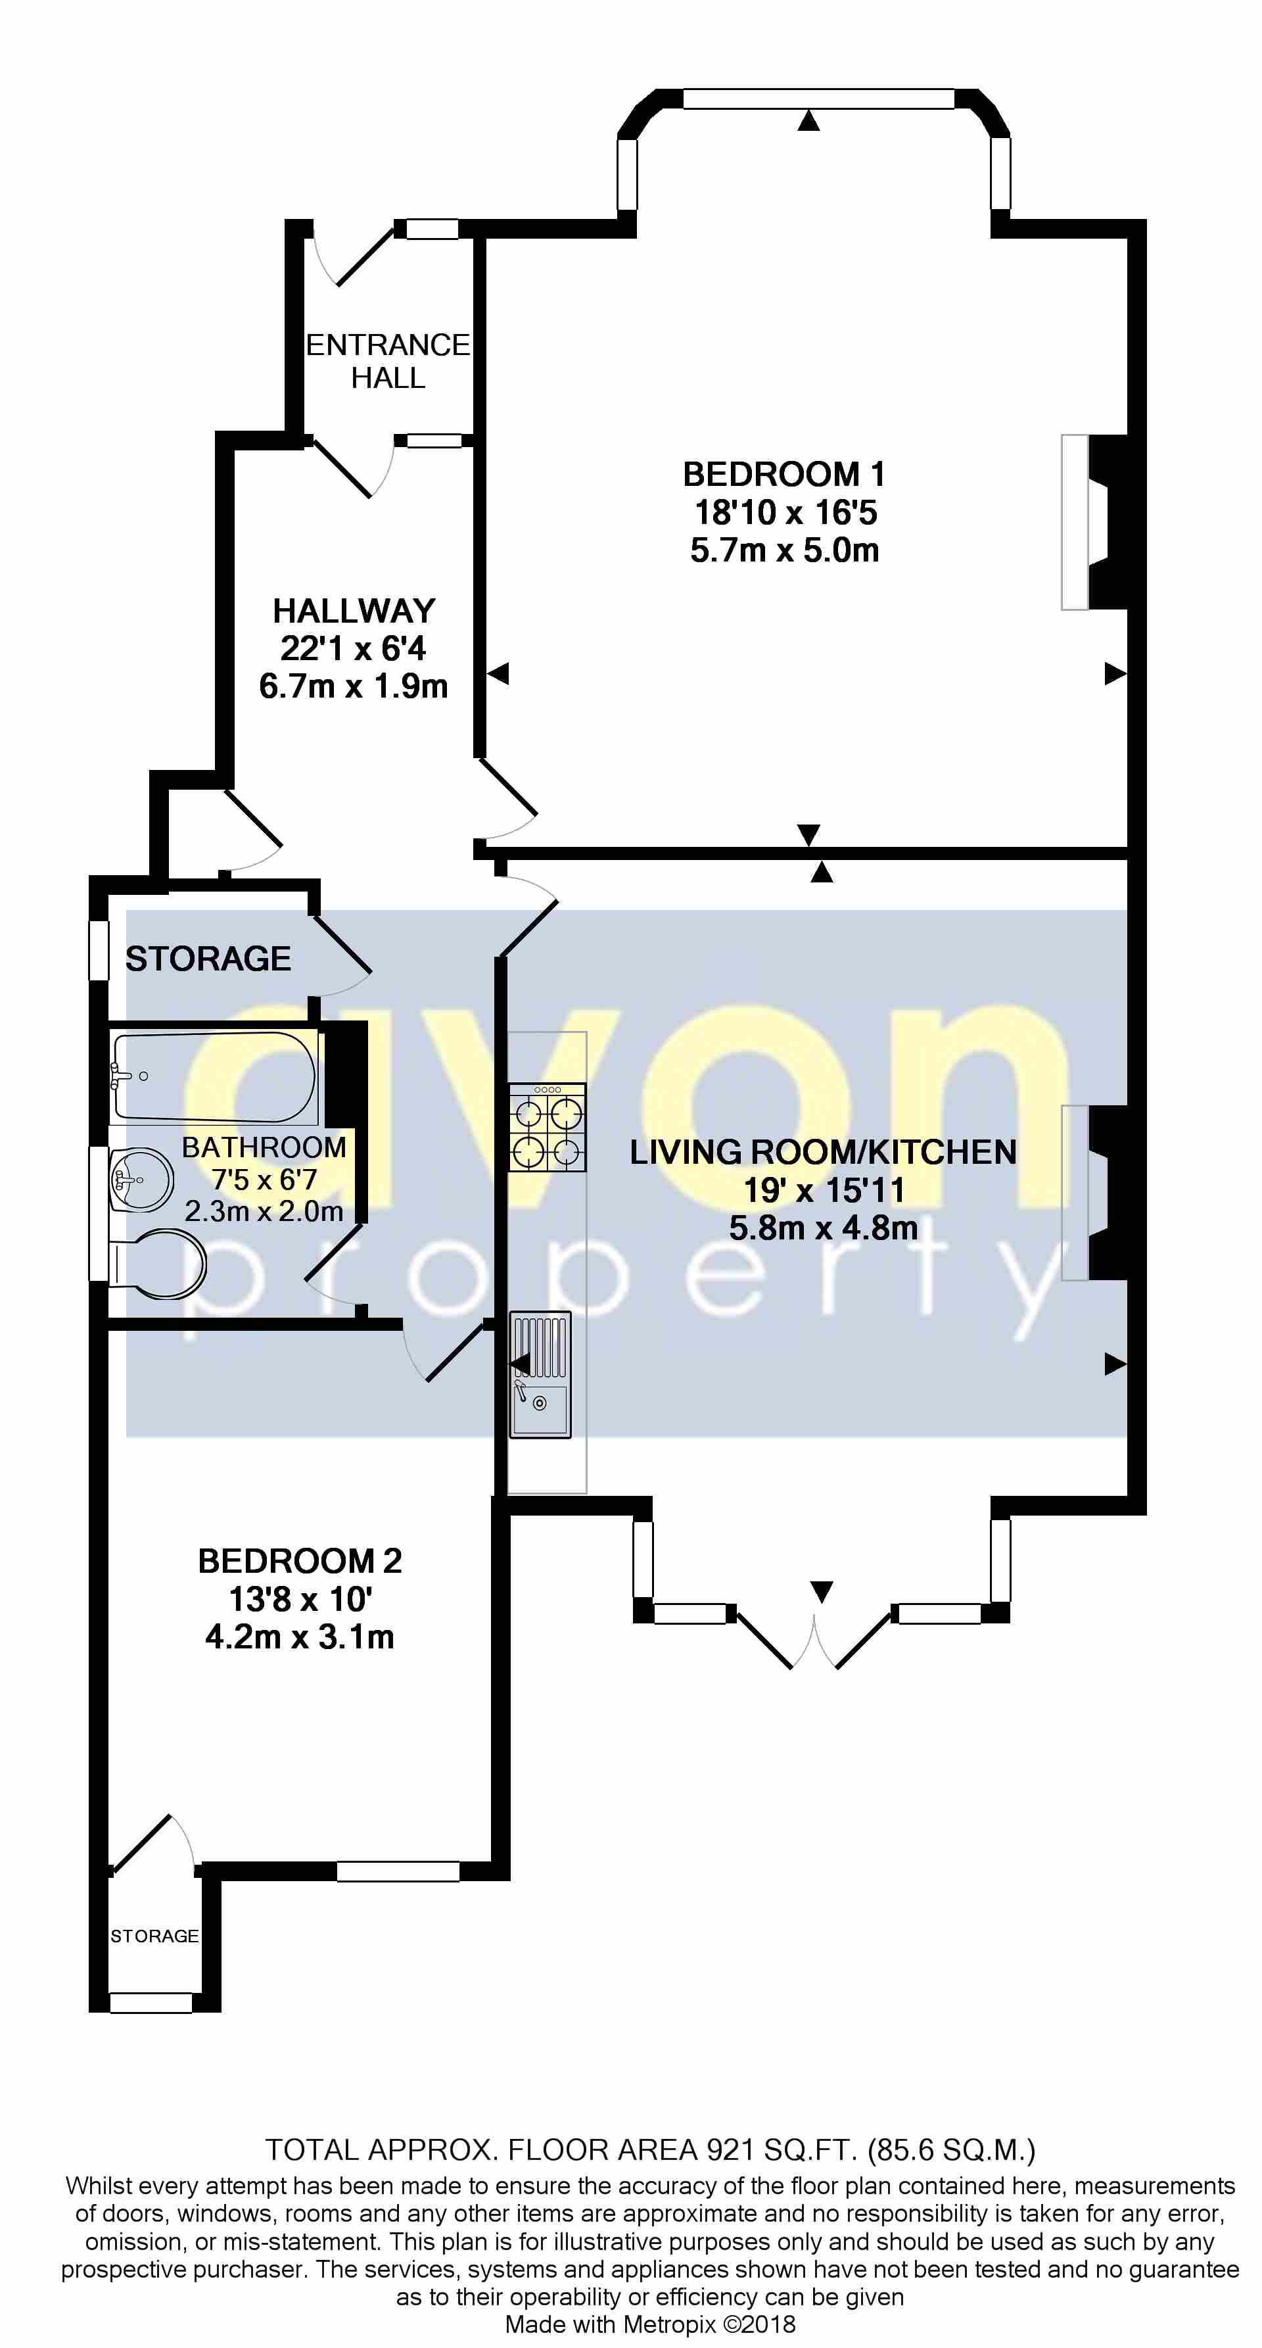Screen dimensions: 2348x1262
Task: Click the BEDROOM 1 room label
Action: (x=783, y=474)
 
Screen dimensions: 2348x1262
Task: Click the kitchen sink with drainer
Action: (x=540, y=1374)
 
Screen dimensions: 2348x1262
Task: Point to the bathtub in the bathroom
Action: (x=214, y=1076)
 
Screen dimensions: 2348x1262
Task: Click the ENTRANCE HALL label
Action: (x=388, y=361)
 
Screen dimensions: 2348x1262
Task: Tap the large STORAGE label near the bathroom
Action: (x=208, y=959)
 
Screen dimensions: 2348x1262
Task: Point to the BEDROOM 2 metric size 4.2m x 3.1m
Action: (x=300, y=1637)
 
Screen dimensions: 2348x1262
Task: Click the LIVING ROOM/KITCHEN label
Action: (x=823, y=1152)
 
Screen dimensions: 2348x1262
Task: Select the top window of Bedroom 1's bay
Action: (x=818, y=99)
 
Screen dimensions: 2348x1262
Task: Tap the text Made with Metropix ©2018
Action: (x=649, y=2324)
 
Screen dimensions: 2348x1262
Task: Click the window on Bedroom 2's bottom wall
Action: (x=398, y=1871)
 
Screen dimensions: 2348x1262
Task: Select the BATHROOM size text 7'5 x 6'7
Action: (x=264, y=1180)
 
